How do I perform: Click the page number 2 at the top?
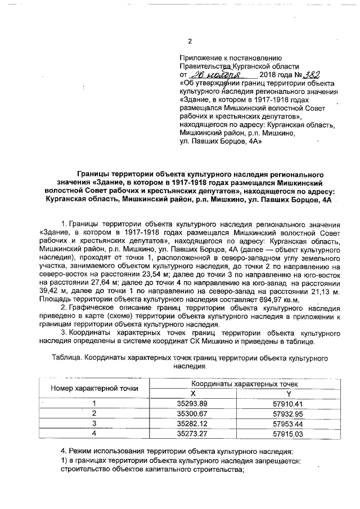tap(190, 41)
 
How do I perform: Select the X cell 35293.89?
tap(192, 403)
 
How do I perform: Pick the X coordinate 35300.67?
tap(192, 413)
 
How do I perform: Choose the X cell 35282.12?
tap(192, 423)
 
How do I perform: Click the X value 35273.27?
tap(192, 433)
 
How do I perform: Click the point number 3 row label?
tap(94, 423)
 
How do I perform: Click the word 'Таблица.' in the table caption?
tap(66, 358)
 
